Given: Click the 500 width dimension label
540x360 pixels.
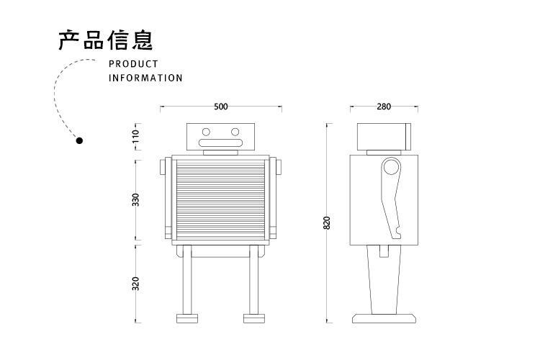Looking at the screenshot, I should (220, 107).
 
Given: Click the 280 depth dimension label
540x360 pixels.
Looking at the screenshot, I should (383, 107).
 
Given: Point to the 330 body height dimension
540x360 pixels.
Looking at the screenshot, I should (135, 199).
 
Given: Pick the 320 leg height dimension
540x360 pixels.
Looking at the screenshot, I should (135, 282).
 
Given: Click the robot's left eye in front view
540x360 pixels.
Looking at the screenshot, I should (206, 132).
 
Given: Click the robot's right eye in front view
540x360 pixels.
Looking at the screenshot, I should (234, 132).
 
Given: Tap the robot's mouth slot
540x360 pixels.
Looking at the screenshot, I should (220, 143).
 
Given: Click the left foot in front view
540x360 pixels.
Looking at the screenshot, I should (186, 317).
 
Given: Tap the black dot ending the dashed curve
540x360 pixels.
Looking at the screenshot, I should (80, 140).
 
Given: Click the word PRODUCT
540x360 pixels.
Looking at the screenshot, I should (133, 64).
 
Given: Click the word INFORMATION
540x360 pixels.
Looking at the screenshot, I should (145, 78).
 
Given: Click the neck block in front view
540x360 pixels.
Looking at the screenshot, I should (220, 151).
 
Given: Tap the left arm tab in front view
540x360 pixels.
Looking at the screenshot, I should (163, 166).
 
